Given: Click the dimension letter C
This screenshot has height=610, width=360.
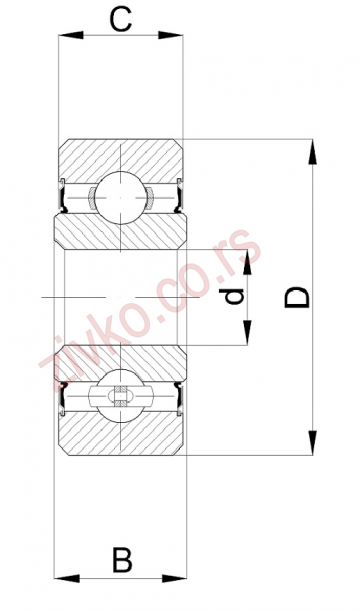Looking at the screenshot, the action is [121, 20].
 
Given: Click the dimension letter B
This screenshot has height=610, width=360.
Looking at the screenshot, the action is [122, 560].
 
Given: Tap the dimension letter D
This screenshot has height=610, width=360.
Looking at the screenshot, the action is [297, 297].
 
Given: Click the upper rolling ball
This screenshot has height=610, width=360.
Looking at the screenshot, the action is [121, 198].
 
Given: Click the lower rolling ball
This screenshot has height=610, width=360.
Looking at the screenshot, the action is [121, 396].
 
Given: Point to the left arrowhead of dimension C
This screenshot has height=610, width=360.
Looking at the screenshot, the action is [71, 35].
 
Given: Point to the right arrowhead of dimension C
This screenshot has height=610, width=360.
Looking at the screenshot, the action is [170, 35].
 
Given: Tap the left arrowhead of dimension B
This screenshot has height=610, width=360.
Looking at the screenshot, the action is [67, 578].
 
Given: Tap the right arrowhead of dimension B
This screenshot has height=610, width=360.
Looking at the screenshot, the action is [174, 578].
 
